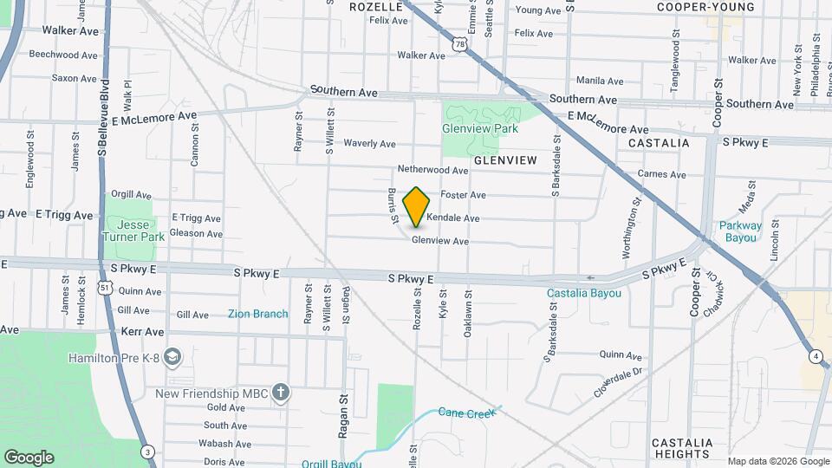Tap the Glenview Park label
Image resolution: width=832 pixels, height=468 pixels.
479,128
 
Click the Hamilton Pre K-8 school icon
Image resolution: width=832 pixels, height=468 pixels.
172,357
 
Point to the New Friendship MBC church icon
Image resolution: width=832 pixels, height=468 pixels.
280,393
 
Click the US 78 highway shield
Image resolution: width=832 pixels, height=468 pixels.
459,44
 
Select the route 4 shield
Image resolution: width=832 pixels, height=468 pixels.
816,356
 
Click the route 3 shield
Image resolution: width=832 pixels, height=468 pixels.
148,451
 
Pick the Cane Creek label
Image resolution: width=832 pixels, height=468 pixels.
465,413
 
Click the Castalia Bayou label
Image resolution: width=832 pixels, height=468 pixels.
584,293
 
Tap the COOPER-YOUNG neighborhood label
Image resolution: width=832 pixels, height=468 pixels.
705,7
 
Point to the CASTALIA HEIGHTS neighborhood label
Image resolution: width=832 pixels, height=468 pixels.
682,448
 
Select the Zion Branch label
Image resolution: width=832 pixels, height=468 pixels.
257,314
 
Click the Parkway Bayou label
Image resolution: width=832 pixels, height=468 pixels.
740,231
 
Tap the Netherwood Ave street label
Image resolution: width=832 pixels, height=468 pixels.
432,169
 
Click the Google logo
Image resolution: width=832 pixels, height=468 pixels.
29,458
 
